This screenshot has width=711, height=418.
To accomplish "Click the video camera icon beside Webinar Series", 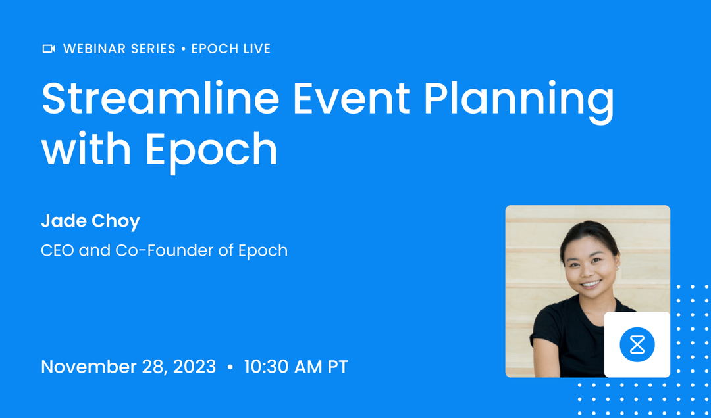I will pyautogui.click(x=48, y=49).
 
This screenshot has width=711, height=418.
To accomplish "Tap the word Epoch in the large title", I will pyautogui.click(x=211, y=150).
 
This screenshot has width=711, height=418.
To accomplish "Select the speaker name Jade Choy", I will pyautogui.click(x=90, y=221).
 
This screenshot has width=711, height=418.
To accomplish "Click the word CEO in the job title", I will pyautogui.click(x=57, y=250).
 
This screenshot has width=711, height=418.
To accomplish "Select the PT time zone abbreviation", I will pyautogui.click(x=336, y=367).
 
